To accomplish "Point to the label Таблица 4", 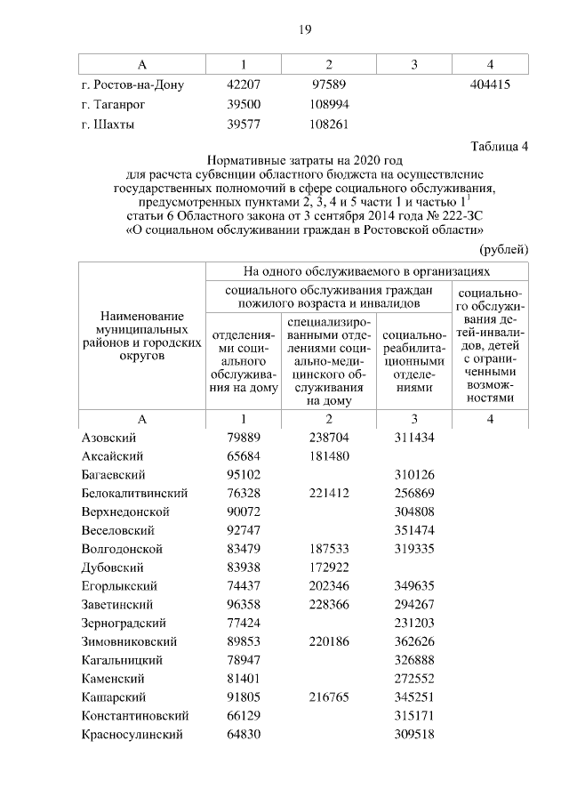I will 501,147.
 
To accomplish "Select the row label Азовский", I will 108,438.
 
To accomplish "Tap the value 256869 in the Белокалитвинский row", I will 413,493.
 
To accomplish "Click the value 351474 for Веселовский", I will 413,530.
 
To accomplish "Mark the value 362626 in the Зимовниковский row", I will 413,641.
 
